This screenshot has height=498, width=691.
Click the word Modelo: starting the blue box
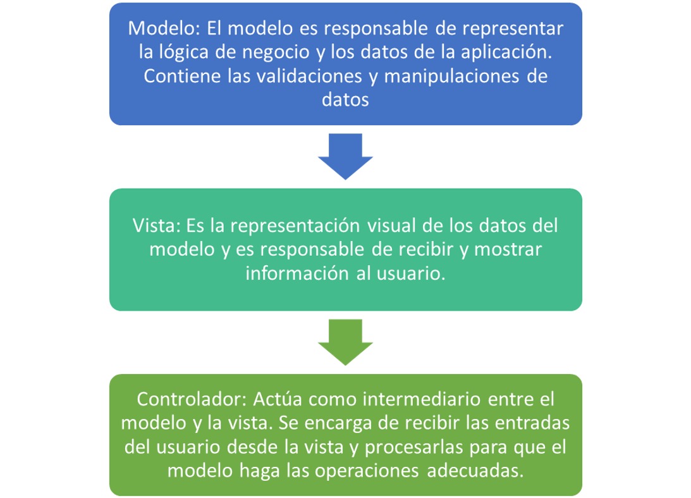click(164, 28)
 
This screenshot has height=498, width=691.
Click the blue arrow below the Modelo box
click(345, 156)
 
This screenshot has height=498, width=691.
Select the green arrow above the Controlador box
click(345, 342)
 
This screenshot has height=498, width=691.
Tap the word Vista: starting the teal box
click(157, 225)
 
